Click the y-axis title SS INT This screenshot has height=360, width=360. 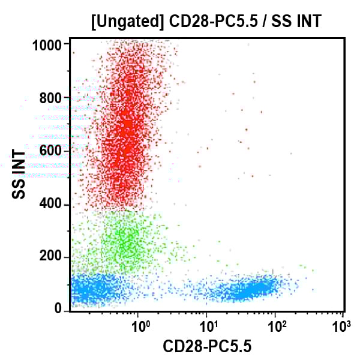click(19, 175)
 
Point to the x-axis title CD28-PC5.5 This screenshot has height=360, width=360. click(208, 346)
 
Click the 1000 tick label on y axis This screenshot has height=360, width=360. click(49, 45)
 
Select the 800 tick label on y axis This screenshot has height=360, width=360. click(53, 98)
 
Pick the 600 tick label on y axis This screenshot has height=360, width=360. click(53, 151)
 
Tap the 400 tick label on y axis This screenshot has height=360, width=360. click(53, 204)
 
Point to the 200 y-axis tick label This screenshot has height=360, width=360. click(53, 257)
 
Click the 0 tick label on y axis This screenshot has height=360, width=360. click(59, 309)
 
